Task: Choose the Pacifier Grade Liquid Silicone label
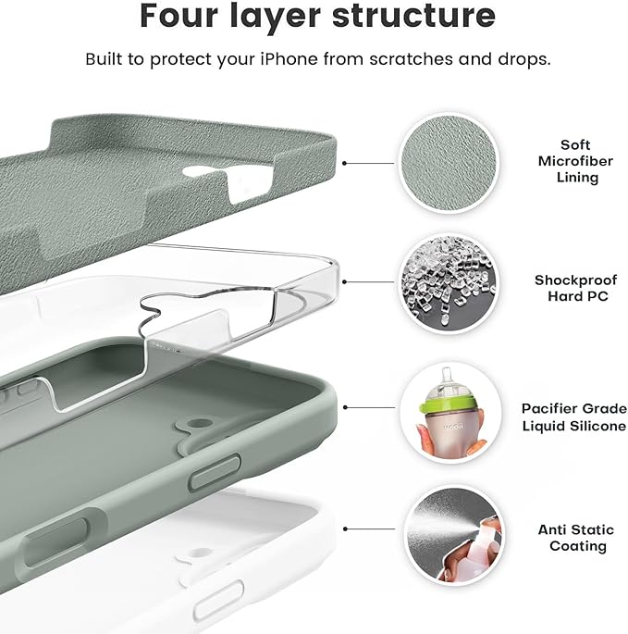tap(573, 416)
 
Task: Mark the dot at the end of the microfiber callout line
tap(345, 162)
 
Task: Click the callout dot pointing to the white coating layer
tap(345, 530)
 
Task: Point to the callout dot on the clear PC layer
tap(345, 283)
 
